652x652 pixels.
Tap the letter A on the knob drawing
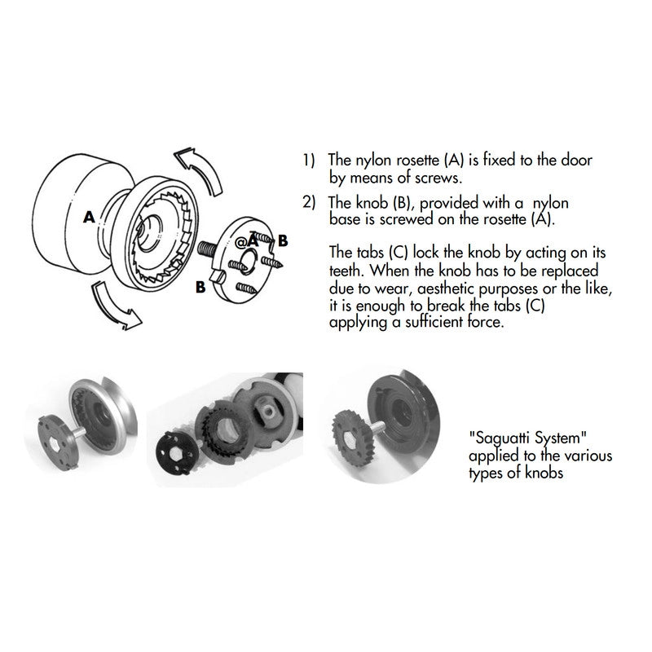pyautogui.click(x=89, y=217)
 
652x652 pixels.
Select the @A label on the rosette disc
pyautogui.click(x=247, y=241)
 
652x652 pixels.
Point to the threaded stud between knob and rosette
pyautogui.click(x=207, y=249)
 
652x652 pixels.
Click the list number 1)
pyautogui.click(x=309, y=161)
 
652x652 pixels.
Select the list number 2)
pyautogui.click(x=309, y=203)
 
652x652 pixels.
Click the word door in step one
pyautogui.click(x=576, y=160)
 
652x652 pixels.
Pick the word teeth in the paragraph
pyautogui.click(x=348, y=271)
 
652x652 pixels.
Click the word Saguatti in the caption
pyautogui.click(x=501, y=438)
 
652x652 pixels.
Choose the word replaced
pyautogui.click(x=570, y=271)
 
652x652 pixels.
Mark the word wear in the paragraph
pyautogui.click(x=394, y=289)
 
